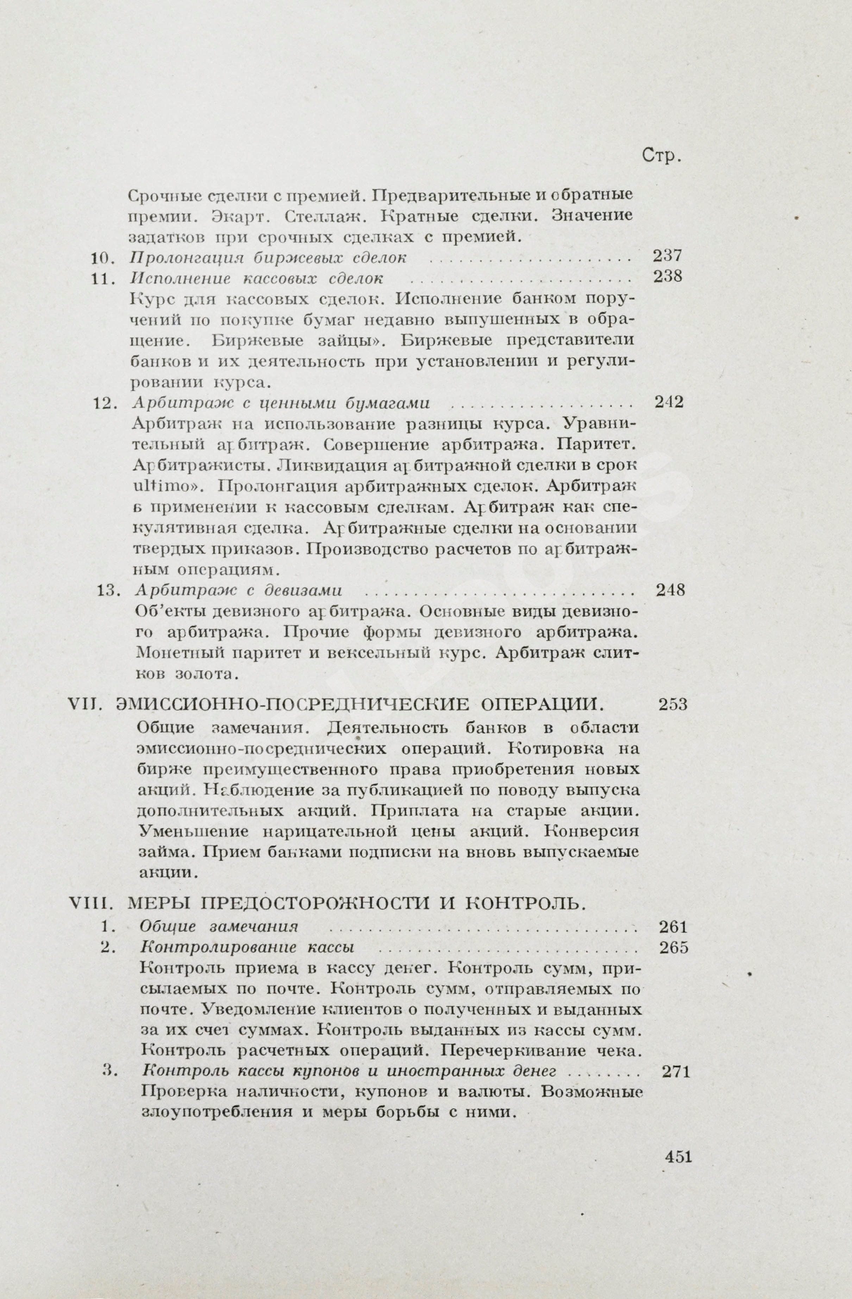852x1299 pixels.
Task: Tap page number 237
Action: (x=668, y=256)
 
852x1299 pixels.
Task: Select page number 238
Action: (x=668, y=276)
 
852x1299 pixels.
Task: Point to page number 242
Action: (x=669, y=402)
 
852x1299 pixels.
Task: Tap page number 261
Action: (x=673, y=927)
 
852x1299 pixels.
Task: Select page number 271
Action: (x=676, y=1072)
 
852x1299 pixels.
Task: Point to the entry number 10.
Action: (x=101, y=257)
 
